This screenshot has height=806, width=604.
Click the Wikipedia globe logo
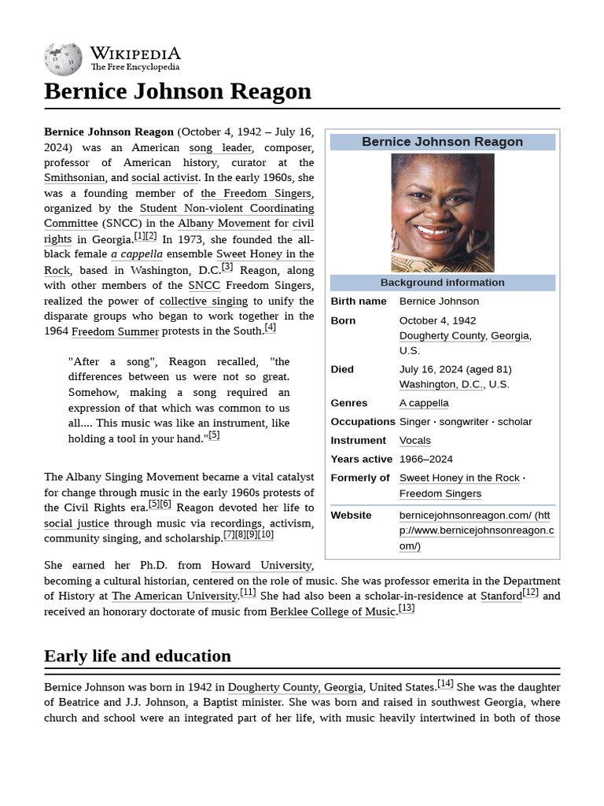63,59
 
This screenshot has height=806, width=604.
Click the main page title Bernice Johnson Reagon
178,91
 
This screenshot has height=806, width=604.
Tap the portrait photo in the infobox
442,213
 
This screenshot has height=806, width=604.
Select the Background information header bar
442,283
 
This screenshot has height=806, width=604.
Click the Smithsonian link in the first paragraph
74,178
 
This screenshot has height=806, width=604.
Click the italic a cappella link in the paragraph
137,254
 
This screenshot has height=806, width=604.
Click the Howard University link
262,565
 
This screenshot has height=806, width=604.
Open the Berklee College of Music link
333,612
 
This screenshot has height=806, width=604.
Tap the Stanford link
501,596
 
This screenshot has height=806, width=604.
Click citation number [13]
406,608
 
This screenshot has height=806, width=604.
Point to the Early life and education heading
138,656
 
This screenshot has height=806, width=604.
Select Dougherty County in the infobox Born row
442,335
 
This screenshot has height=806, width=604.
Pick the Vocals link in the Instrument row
414,440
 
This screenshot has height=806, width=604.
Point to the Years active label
361,459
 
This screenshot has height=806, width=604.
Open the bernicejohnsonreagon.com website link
476,531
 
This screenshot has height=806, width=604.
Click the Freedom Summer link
115,331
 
